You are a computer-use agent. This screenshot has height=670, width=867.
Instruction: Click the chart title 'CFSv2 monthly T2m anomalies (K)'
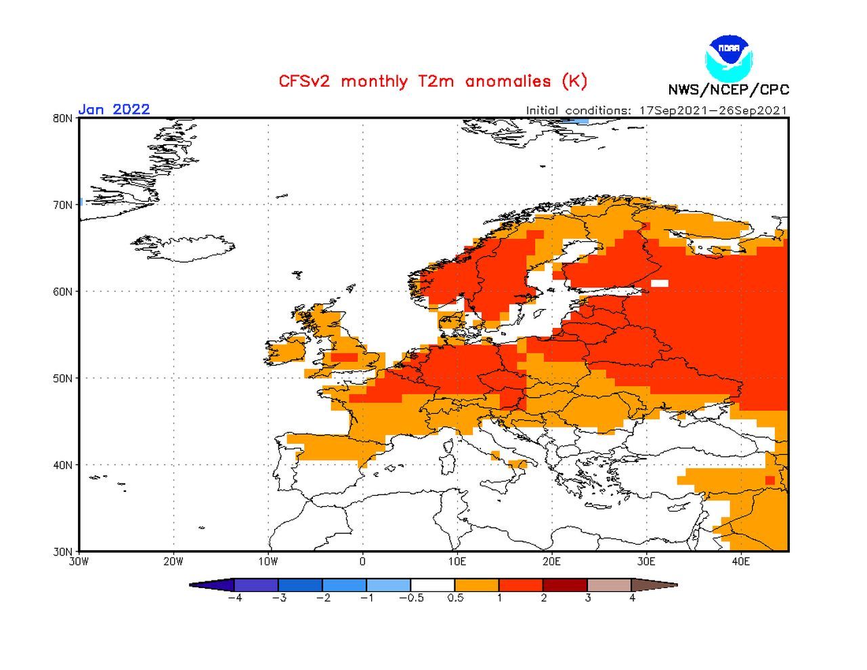pos(433,81)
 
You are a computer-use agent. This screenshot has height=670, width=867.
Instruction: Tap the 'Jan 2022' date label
pos(114,109)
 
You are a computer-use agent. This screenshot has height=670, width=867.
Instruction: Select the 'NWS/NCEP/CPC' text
pos(728,89)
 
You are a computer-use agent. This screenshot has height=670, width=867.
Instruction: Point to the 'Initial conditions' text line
pos(656,110)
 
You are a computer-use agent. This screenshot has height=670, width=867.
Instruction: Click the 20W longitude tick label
pos(173,562)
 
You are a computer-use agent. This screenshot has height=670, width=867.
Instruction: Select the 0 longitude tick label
pos(362,562)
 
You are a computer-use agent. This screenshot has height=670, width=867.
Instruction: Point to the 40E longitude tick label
pos(740,562)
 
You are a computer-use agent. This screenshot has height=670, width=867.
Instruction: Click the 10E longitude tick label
pos(457,562)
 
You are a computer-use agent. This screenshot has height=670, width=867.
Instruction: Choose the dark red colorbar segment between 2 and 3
pos(565,585)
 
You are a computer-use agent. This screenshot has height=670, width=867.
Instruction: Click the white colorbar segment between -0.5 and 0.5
pos(433,585)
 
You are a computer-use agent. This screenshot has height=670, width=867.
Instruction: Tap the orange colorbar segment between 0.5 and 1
pos(477,585)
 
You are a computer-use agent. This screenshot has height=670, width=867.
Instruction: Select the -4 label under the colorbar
pos(234,598)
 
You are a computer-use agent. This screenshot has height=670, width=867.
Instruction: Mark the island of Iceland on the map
pos(186,248)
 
